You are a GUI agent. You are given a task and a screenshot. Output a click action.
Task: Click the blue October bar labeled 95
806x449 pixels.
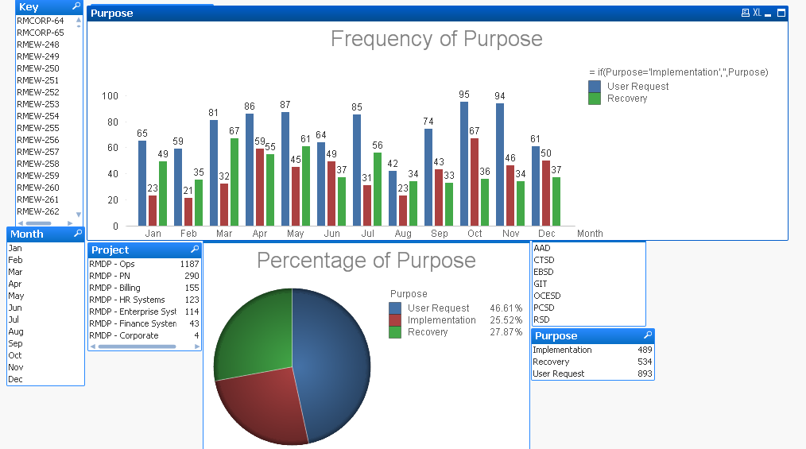click(464, 164)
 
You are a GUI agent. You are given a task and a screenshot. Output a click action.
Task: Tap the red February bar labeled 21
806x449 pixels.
click(188, 211)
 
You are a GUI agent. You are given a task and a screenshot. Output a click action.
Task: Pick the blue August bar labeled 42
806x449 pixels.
click(393, 198)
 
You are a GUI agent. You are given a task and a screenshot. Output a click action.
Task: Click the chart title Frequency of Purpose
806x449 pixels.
click(436, 39)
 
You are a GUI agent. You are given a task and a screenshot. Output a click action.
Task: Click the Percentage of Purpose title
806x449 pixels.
click(366, 261)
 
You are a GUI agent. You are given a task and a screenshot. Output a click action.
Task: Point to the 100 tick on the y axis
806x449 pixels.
click(110, 96)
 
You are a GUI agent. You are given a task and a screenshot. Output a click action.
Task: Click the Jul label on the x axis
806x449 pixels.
click(367, 234)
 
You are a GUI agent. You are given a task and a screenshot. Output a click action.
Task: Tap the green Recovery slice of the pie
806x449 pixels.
click(253, 334)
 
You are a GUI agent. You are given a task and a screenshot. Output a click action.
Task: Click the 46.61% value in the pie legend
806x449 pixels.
click(506, 308)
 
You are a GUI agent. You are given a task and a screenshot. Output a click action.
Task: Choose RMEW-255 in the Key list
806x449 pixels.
click(38, 128)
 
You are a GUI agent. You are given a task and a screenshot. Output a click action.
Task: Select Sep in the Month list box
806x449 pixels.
click(15, 343)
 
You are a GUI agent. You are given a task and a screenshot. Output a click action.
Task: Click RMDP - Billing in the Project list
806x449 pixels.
click(114, 288)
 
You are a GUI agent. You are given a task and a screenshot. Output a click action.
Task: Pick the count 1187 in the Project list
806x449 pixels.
click(189, 264)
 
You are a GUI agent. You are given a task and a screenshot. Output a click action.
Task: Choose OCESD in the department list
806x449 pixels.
click(547, 296)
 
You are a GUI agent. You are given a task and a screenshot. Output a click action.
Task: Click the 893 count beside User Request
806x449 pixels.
click(645, 374)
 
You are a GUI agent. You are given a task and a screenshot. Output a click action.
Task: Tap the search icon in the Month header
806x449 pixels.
click(77, 234)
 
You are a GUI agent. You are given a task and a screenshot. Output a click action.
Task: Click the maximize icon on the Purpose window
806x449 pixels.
click(781, 13)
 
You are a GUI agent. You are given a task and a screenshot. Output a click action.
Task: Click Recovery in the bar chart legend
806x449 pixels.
click(627, 99)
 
